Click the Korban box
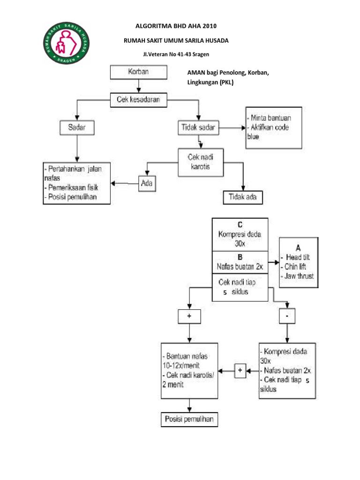(138, 73)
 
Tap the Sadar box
(76, 127)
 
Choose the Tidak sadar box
(199, 127)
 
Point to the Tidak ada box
(242, 197)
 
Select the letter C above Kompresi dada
(240, 224)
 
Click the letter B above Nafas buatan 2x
(240, 257)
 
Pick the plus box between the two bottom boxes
(240, 370)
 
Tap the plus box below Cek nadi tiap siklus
(189, 316)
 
